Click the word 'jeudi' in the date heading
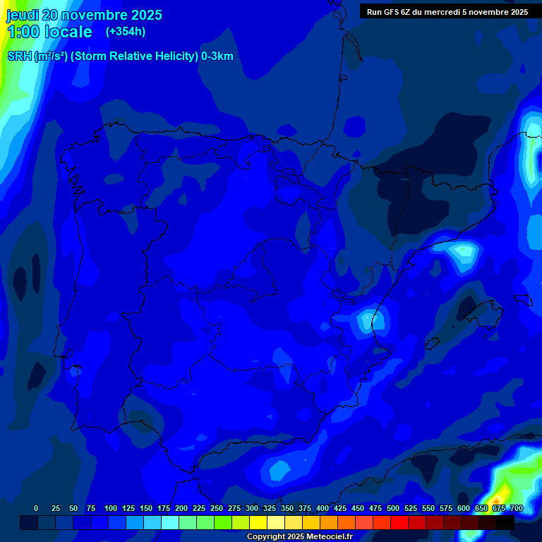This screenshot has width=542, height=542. (23, 15)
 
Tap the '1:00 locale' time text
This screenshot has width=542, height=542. (49, 32)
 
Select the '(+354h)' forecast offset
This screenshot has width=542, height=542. (126, 31)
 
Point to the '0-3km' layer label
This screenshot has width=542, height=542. (217, 56)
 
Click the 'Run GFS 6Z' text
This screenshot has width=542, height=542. (388, 12)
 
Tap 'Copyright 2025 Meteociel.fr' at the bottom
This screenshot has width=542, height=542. (299, 537)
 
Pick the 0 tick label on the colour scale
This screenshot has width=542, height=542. (36, 508)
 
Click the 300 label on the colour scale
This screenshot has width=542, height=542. (252, 508)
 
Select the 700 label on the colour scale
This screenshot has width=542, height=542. (517, 508)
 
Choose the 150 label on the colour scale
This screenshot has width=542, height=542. (146, 508)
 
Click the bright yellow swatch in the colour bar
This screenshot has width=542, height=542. (258, 522)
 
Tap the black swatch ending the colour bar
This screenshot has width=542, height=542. (505, 522)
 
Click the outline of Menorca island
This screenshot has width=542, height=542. (523, 299)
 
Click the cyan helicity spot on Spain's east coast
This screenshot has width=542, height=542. (368, 319)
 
